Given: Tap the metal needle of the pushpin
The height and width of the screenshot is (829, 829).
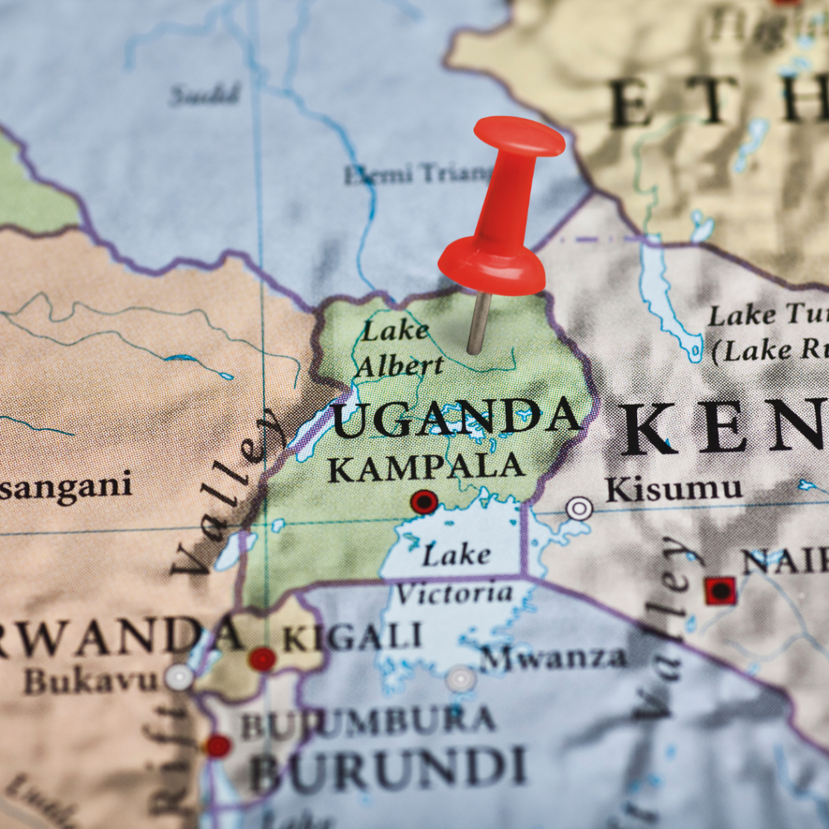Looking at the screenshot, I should click(478, 324).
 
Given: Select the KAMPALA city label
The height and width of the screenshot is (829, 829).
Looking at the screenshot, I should click(426, 468).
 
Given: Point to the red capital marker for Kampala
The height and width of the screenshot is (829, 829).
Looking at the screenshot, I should click(423, 502).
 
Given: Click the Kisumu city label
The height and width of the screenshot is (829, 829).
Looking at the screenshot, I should click(674, 489).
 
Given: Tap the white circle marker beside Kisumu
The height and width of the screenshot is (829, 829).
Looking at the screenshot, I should click(579, 508).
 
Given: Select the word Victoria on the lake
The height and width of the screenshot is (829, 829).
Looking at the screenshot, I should click(454, 593).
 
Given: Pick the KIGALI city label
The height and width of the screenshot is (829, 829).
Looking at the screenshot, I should click(352, 637).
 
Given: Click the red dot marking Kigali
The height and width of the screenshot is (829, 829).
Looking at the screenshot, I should click(262, 659).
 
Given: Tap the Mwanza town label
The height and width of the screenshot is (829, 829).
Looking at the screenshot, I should click(553, 657).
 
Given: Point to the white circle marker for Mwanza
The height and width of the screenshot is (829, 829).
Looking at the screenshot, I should click(460, 678).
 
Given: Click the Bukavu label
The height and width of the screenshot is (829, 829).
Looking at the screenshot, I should click(91, 680).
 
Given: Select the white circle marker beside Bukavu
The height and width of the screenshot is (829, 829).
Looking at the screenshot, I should click(179, 677).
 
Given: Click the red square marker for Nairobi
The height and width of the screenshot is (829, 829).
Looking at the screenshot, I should click(720, 591).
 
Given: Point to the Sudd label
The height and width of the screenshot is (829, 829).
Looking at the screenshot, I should click(206, 95).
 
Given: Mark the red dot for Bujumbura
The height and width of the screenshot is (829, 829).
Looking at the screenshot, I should click(218, 746).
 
